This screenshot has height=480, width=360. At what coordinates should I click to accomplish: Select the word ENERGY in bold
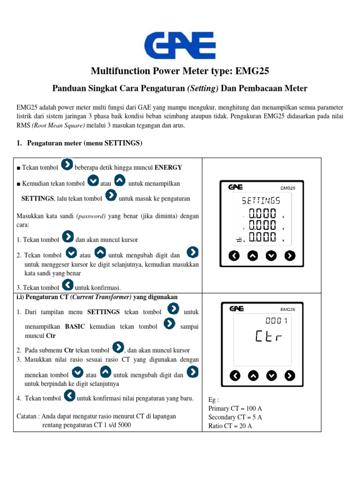(168, 167)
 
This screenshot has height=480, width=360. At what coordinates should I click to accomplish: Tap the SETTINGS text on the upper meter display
(261, 201)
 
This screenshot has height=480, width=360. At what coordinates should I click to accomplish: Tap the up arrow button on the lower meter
(253, 375)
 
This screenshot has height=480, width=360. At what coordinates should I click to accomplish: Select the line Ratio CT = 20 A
(230, 426)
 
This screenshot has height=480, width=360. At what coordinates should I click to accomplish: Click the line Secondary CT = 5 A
(235, 417)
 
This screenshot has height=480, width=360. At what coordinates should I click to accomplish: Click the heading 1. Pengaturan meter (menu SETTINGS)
(79, 143)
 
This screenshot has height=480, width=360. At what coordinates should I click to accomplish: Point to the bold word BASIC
(75, 326)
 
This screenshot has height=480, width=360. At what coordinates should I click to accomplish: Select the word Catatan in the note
(27, 416)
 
